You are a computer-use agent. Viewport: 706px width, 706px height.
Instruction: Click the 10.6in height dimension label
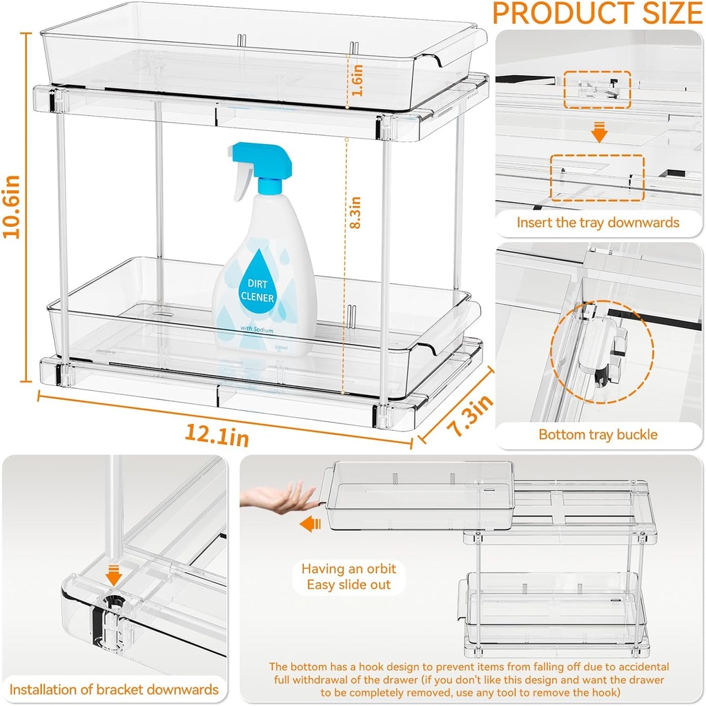click(14, 207)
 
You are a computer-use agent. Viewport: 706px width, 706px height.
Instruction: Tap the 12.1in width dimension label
click(216, 434)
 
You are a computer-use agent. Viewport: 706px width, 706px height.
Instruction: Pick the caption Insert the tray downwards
click(598, 222)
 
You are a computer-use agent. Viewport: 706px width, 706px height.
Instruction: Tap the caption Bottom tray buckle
click(598, 434)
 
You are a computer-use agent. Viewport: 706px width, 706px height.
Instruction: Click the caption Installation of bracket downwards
click(114, 689)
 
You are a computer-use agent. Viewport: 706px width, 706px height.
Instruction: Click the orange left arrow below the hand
click(311, 525)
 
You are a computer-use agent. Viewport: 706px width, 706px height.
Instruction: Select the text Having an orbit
click(349, 569)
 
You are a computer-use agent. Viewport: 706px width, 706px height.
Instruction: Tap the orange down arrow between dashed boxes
click(599, 133)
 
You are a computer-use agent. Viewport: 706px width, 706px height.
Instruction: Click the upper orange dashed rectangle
click(598, 89)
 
